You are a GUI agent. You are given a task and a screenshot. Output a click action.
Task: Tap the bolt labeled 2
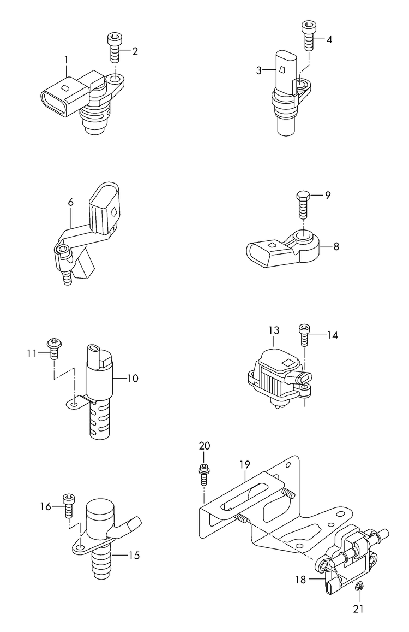tap(115, 46)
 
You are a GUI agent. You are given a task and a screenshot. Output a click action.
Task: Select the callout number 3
tap(260, 69)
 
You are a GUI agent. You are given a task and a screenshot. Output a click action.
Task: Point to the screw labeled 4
tap(307, 36)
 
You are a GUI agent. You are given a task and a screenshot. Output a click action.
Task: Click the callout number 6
tap(70, 202)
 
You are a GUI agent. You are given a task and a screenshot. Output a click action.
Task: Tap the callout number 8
tap(336, 246)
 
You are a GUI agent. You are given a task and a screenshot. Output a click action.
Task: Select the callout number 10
tap(133, 378)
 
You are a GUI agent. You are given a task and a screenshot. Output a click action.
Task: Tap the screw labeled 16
tap(69, 505)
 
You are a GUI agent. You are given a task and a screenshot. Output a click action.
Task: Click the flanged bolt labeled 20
tap(203, 473)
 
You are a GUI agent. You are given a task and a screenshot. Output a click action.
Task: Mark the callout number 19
tap(244, 464)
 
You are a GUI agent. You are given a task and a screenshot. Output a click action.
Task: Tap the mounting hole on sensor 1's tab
tap(115, 81)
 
